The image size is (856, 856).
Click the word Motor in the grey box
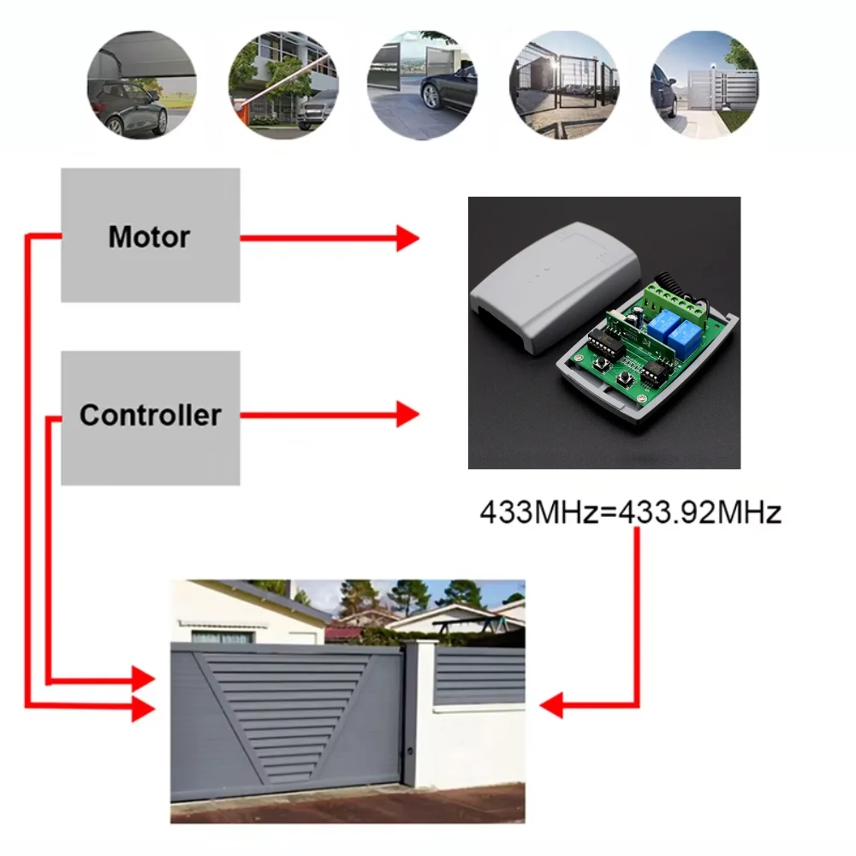149,236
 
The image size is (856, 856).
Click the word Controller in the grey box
150,415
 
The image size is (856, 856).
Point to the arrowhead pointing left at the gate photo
551,705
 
